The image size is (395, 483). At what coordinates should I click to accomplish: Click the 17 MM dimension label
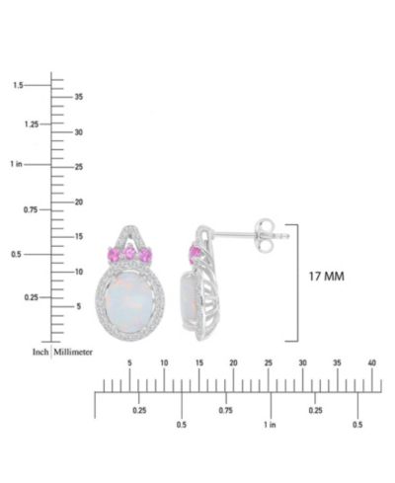(326, 277)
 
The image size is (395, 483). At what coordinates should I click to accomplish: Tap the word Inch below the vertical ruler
(40, 352)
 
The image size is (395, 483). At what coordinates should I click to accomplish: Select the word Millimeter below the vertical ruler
(73, 352)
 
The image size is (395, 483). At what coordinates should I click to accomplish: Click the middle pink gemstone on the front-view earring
(130, 253)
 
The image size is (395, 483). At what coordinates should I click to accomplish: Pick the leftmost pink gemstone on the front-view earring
(114, 255)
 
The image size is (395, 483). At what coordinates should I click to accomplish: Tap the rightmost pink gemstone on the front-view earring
(145, 255)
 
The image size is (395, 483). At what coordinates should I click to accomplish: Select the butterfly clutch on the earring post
(265, 235)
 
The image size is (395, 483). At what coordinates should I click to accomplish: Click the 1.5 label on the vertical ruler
(18, 85)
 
